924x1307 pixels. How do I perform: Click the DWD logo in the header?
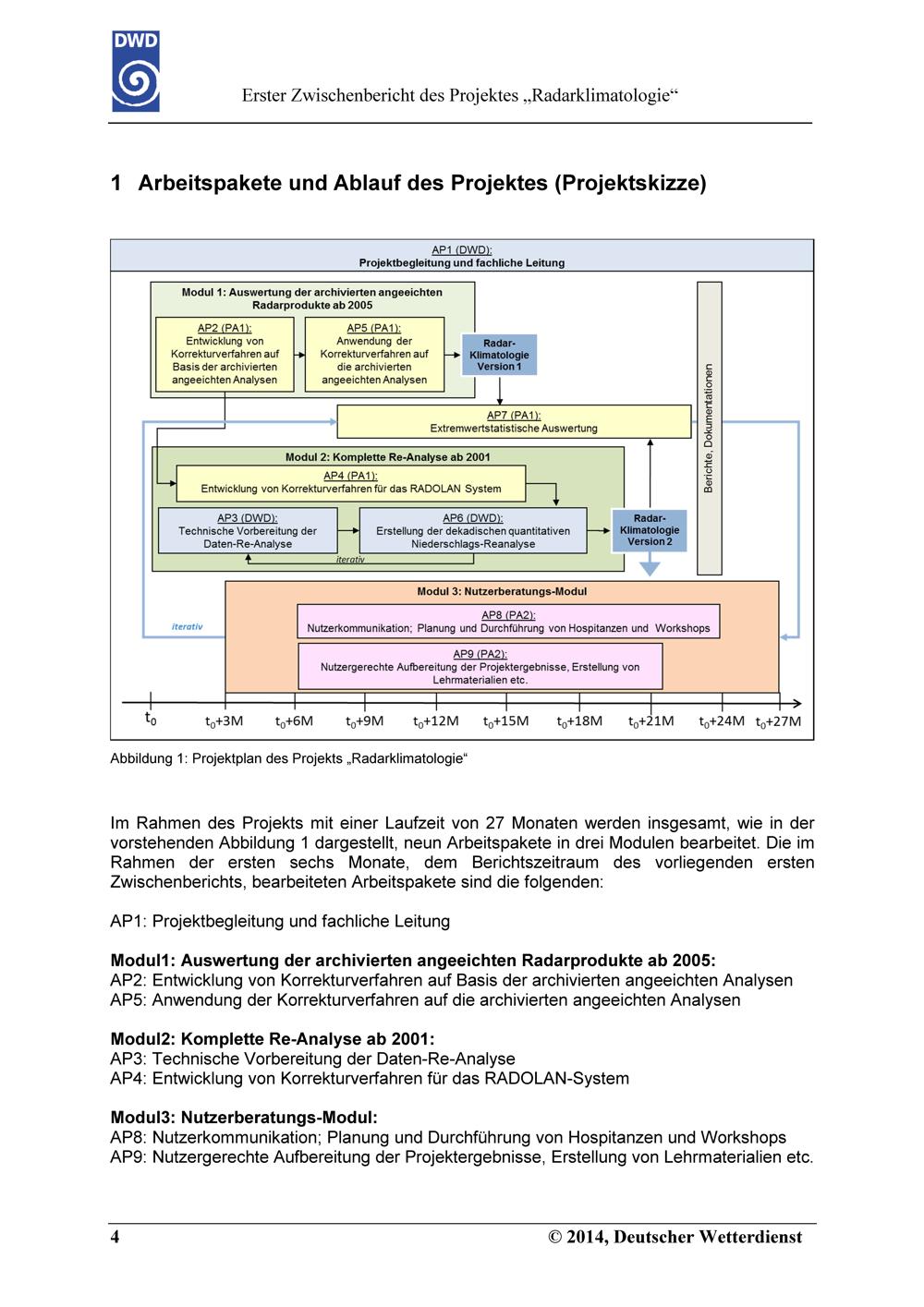pos(136,70)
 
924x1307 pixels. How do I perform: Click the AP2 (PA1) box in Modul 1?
pos(225,354)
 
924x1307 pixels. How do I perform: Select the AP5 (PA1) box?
pos(374,354)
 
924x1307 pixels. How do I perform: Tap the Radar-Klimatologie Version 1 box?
pos(499,355)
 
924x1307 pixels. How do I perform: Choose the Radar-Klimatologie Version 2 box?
pos(649,530)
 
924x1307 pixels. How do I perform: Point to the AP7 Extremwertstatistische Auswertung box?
pos(514,421)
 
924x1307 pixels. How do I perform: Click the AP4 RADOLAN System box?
pos(351,483)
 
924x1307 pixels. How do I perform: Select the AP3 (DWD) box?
pos(248,530)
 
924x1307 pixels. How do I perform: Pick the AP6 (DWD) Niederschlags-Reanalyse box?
pos(473,530)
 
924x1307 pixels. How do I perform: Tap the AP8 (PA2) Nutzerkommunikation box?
pos(508,622)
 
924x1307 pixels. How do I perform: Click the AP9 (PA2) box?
pos(480,666)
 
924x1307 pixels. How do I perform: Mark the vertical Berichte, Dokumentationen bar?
pos(710,429)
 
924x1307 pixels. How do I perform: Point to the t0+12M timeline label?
pos(436,721)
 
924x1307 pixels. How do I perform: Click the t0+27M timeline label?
pos(778,721)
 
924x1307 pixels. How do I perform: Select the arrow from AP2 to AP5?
pos(299,355)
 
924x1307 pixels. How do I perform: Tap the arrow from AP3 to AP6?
pos(348,530)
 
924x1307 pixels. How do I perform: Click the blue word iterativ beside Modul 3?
pos(187,626)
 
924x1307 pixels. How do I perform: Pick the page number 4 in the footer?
pos(115,1237)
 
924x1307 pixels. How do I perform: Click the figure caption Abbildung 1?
pos(289,758)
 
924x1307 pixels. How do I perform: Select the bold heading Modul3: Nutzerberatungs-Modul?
pos(244,1118)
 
